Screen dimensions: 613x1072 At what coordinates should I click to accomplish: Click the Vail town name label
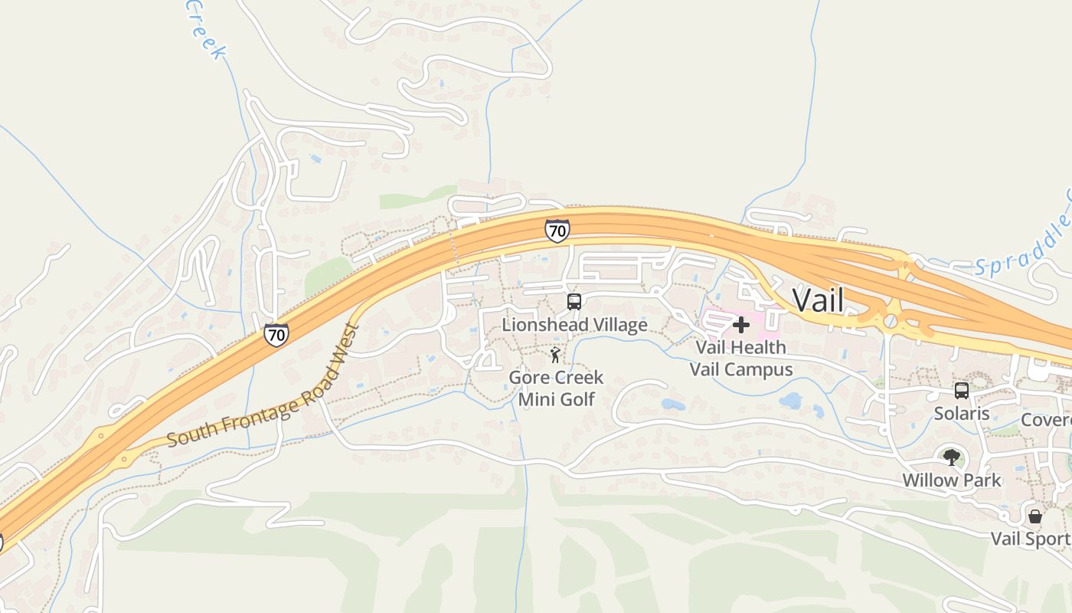(818, 300)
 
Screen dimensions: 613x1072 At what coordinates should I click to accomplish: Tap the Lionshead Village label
(574, 325)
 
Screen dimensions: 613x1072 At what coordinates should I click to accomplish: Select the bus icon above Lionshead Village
(574, 301)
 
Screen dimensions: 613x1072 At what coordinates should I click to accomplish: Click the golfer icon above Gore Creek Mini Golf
(555, 355)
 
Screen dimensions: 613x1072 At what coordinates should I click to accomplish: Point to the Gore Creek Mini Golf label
(556, 388)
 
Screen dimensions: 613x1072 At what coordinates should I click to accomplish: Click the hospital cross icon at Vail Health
(740, 325)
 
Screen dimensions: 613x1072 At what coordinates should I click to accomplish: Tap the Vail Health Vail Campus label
(740, 358)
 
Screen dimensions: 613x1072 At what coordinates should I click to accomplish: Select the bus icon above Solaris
(962, 391)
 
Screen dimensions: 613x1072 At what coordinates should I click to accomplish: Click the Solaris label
(962, 414)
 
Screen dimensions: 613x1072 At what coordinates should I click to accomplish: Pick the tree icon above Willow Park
(952, 457)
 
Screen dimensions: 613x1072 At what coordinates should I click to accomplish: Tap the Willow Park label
(952, 480)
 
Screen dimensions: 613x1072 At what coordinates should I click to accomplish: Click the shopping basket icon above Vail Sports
(1035, 516)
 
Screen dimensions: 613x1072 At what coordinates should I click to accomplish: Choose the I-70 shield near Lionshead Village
(557, 230)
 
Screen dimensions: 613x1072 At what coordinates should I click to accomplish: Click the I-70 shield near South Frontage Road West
(276, 334)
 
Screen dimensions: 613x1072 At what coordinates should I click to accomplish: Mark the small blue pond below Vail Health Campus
(790, 400)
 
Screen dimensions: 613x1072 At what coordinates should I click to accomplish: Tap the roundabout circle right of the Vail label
(890, 321)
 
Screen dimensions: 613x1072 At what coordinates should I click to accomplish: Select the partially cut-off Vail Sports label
(1031, 539)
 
